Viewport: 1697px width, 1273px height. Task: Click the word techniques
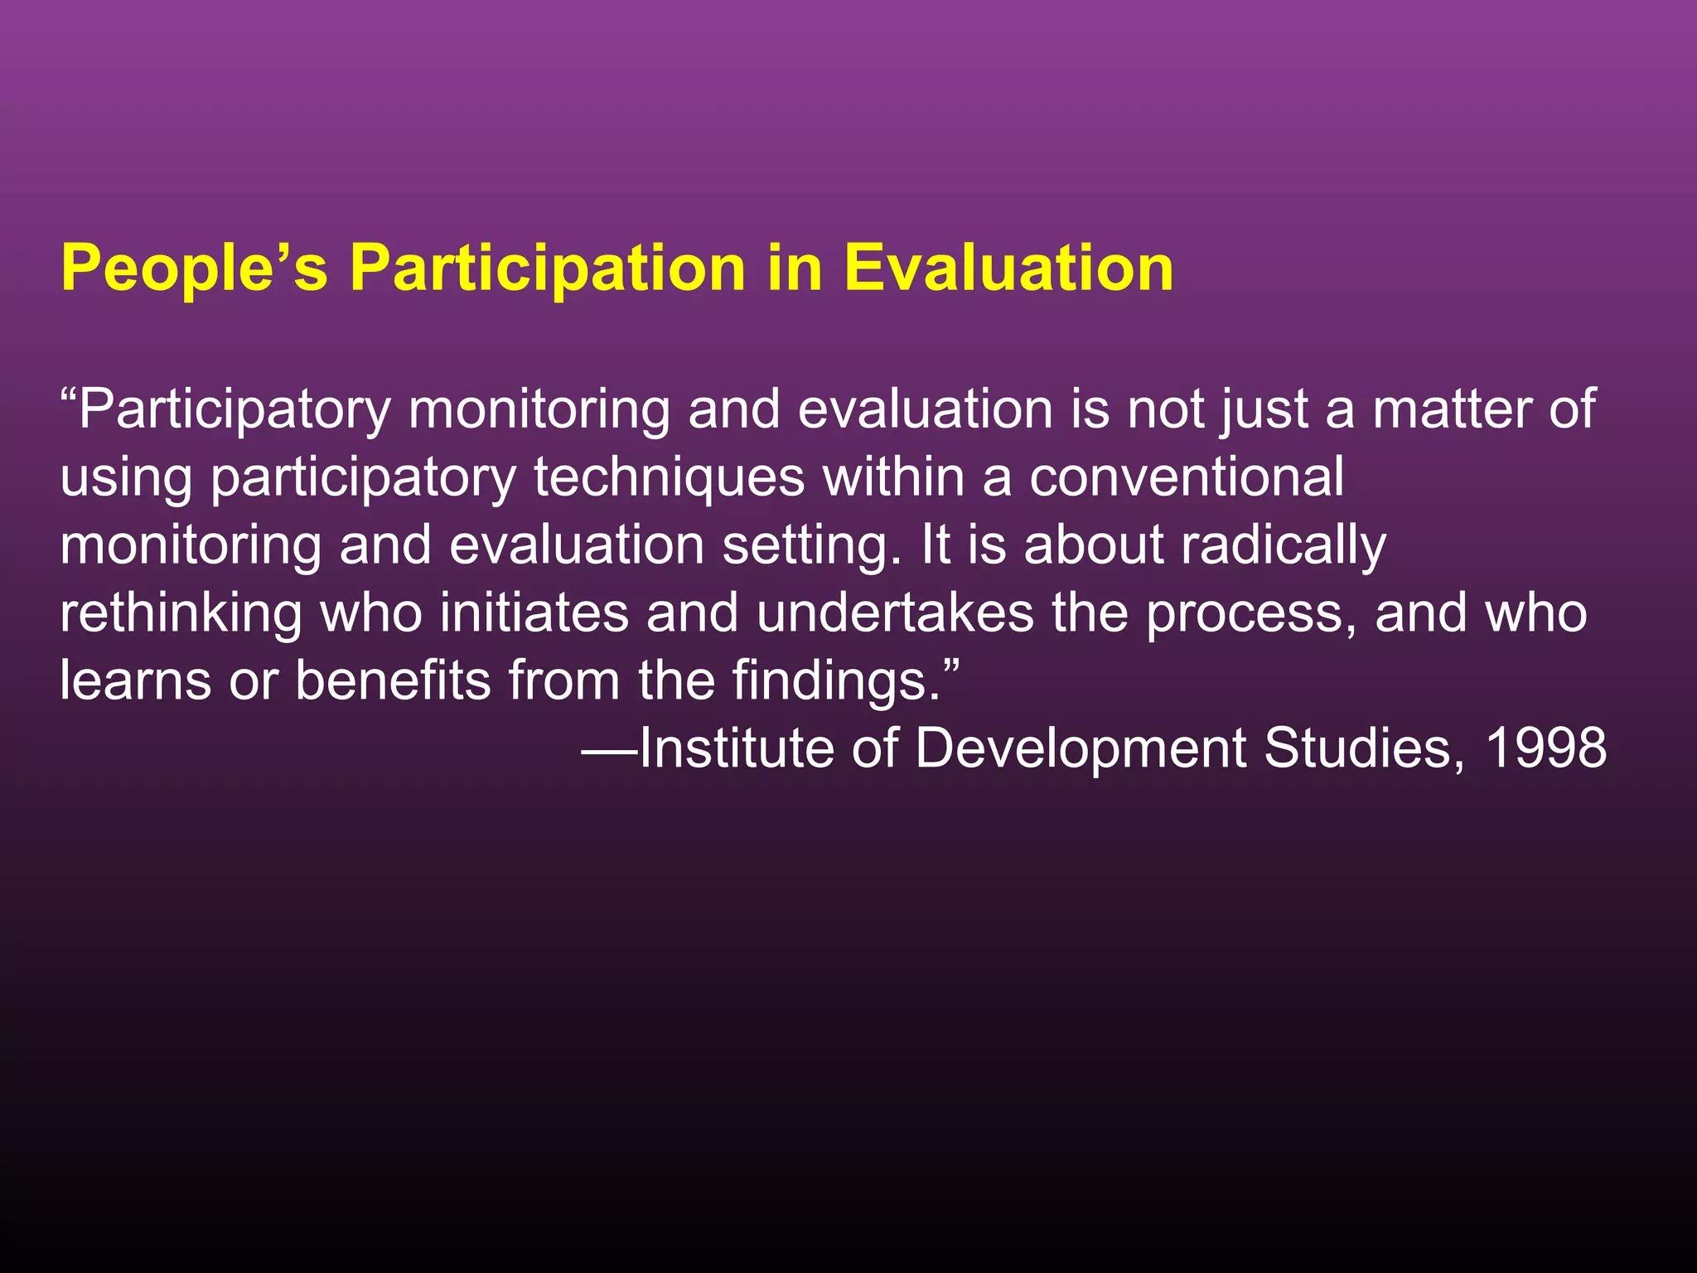(x=670, y=478)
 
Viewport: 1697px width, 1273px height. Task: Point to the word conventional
(x=1187, y=478)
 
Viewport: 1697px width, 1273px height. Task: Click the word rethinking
(x=181, y=614)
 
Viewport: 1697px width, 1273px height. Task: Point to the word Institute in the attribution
(x=736, y=748)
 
